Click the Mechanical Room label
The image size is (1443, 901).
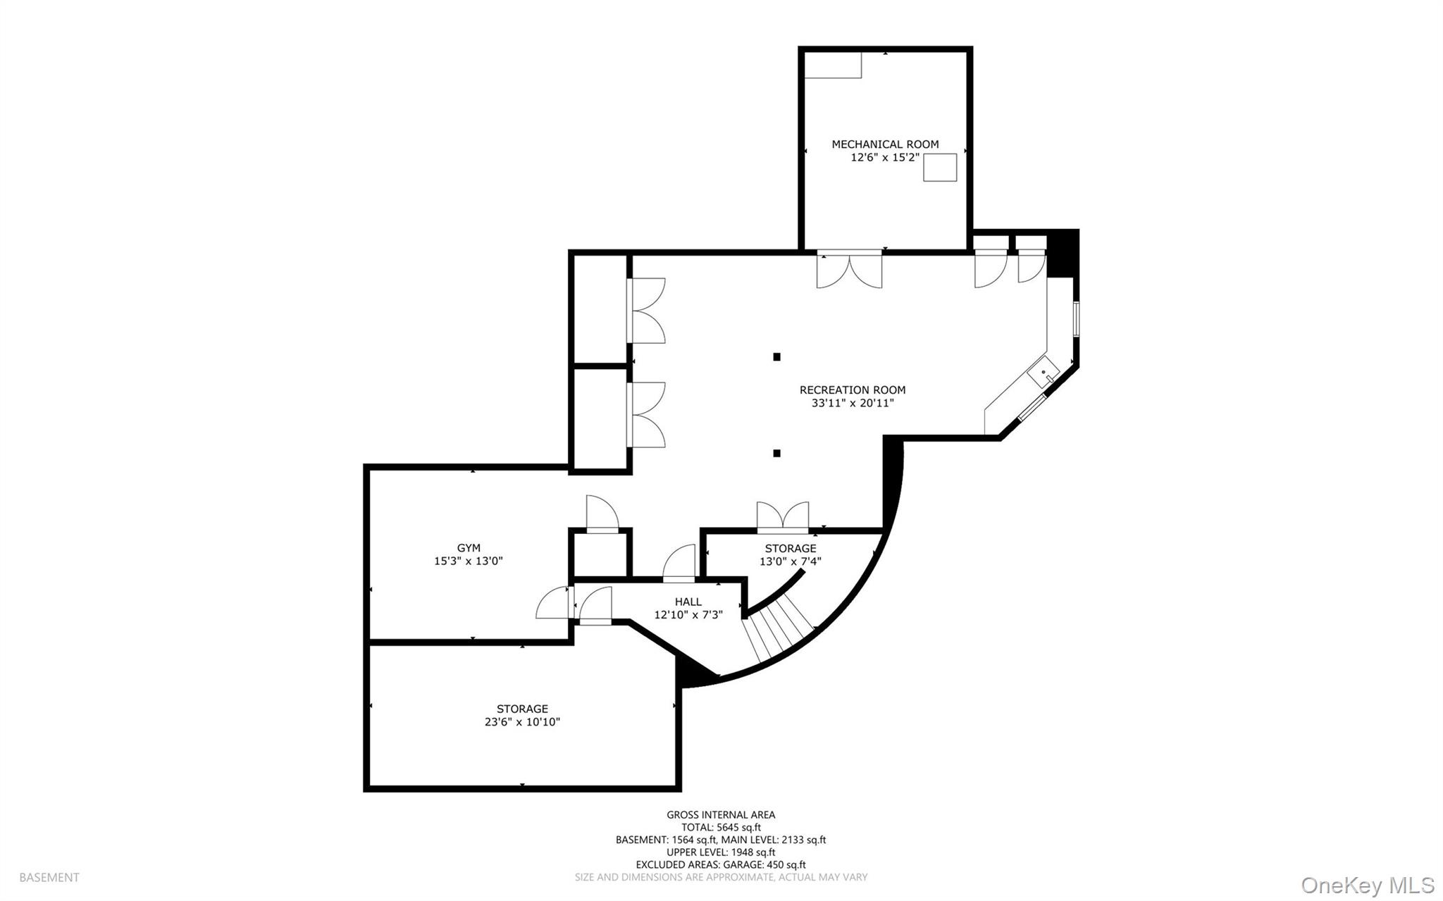[x=885, y=144]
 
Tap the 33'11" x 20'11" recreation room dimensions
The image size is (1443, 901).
[x=853, y=403]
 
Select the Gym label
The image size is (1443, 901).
[x=469, y=547]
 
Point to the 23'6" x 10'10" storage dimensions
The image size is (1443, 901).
[x=522, y=722]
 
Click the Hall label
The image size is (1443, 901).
[x=688, y=602]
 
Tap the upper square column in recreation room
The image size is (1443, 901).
[x=776, y=357]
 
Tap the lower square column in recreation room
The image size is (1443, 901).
[x=776, y=453]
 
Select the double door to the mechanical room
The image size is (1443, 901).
[x=849, y=269]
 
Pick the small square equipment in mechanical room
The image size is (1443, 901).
[x=940, y=168]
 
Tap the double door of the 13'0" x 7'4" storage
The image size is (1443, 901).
[x=783, y=516]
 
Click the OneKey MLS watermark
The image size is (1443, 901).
[x=1367, y=885]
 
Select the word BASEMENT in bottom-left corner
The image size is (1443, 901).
[x=49, y=878]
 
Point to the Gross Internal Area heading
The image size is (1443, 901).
[x=721, y=815]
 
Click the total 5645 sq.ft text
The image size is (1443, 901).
[x=721, y=828]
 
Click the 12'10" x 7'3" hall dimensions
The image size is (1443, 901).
[x=688, y=615]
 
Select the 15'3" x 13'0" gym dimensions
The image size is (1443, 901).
[x=469, y=561]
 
